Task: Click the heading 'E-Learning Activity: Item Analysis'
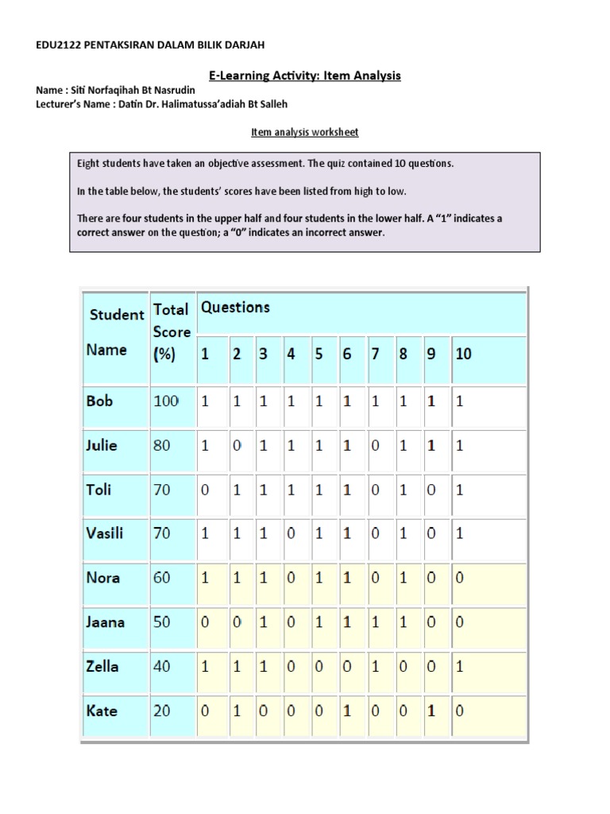[x=304, y=76]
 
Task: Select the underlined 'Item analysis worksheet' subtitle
[x=304, y=132]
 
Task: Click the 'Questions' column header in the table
[x=235, y=308]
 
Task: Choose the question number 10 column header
[x=463, y=355]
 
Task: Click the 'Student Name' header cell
[x=116, y=332]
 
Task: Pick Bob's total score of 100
[x=166, y=401]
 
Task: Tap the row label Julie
[x=102, y=445]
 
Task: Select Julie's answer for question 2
[x=236, y=446]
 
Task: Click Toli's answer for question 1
[x=206, y=490]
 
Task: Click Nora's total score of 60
[x=162, y=578]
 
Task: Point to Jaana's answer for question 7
[x=376, y=622]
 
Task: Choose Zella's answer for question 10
[x=460, y=667]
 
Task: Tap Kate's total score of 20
[x=162, y=711]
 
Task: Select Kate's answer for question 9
[x=431, y=711]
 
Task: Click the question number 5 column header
[x=319, y=355]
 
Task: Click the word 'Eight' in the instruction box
[x=90, y=164]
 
